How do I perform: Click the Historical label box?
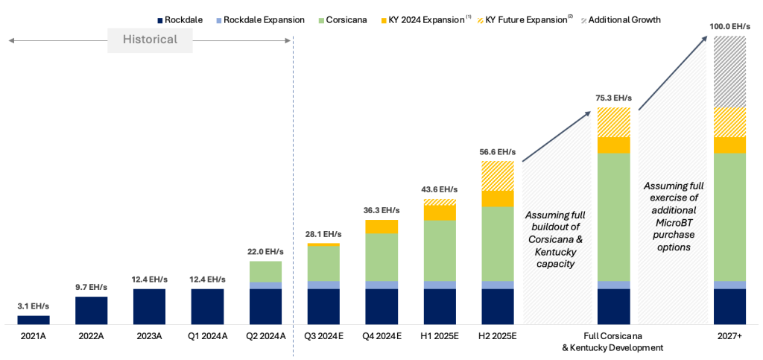click(x=150, y=40)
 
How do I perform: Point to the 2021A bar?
click(x=34, y=320)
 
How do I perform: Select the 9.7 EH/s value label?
click(x=92, y=287)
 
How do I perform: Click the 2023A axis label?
click(x=149, y=336)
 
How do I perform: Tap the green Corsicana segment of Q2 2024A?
click(x=265, y=271)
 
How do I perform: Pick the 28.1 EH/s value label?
click(x=323, y=234)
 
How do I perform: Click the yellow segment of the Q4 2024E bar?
click(x=381, y=227)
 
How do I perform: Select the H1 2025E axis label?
click(x=440, y=336)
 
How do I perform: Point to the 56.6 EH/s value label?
click(x=498, y=151)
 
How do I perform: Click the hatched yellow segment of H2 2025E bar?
click(x=498, y=175)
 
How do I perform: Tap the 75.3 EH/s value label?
click(x=613, y=98)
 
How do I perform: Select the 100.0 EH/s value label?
click(x=729, y=26)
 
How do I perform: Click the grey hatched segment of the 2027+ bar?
click(x=729, y=72)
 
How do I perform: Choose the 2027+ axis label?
click(x=729, y=336)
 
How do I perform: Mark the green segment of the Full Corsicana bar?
click(x=613, y=216)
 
